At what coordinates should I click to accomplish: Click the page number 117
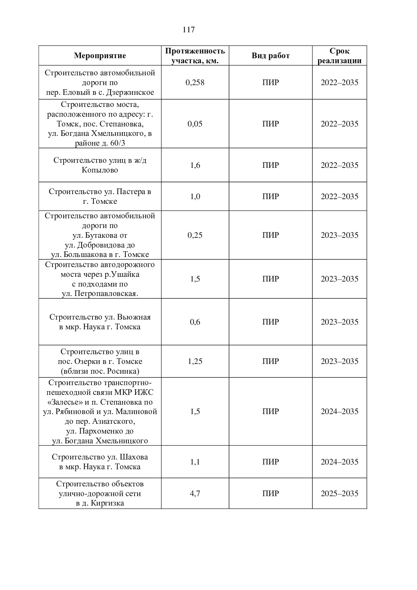(189, 30)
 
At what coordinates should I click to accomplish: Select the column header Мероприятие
(100, 56)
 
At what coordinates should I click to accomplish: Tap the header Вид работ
(270, 56)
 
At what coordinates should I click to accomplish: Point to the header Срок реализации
(339, 56)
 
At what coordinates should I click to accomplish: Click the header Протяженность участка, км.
(195, 56)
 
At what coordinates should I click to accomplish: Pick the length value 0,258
(195, 82)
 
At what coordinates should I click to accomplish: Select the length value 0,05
(195, 124)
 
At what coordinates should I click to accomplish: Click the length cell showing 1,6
(195, 165)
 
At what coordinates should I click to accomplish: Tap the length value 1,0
(195, 196)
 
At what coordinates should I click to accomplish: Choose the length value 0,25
(195, 235)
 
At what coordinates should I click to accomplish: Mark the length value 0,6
(195, 322)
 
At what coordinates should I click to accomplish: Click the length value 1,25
(195, 361)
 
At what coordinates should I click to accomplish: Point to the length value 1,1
(195, 462)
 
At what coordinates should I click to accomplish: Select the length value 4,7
(195, 493)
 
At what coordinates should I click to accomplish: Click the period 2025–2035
(339, 493)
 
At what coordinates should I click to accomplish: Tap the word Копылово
(100, 170)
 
